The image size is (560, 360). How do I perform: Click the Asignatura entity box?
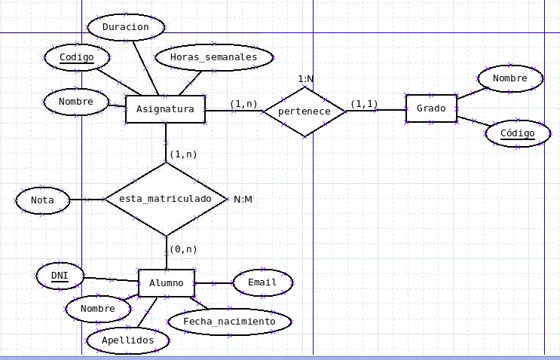tap(165, 109)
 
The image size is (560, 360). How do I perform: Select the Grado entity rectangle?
tap(431, 108)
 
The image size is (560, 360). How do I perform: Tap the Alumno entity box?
tap(166, 283)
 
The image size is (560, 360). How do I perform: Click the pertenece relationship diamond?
tap(304, 111)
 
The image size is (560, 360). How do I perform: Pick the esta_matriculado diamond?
tap(165, 200)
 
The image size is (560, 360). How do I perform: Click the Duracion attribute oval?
tap(126, 28)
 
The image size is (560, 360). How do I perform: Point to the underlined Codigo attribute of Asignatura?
tap(76, 57)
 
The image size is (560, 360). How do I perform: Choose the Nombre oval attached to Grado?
tap(510, 78)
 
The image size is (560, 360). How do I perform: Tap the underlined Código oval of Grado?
tap(517, 133)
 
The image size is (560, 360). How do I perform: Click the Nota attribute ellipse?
tap(42, 200)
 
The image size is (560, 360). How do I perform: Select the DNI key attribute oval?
tap(60, 276)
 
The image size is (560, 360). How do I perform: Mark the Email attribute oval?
tap(262, 283)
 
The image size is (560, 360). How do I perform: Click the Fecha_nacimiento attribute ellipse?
tap(228, 322)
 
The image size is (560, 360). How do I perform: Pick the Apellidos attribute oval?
tap(127, 340)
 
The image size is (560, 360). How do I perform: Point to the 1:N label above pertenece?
tap(305, 78)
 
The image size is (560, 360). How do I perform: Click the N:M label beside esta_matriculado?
tap(243, 200)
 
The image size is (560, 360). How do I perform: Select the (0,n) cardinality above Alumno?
tap(182, 249)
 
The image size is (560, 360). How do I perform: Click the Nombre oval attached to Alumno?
tap(97, 309)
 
